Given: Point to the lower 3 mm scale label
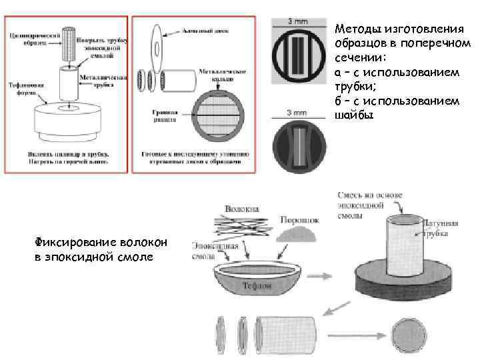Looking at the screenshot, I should click(x=297, y=113).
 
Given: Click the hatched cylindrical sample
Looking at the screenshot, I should click(x=69, y=45).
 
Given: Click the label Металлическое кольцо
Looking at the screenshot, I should click(x=221, y=73).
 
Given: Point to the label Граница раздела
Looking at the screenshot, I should click(x=162, y=117).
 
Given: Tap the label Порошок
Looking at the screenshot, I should click(x=301, y=219).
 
